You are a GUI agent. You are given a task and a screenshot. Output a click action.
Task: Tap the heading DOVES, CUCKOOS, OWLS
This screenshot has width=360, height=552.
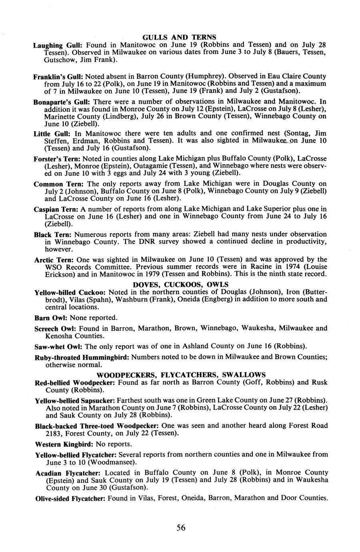pos(180,284)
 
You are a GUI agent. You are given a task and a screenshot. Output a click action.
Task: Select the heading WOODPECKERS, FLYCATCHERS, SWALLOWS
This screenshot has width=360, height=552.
pos(181,375)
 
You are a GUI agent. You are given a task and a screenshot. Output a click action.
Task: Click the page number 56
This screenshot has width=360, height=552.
pos(181,528)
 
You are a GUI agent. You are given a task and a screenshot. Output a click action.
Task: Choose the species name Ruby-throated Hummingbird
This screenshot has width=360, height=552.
pos(82,357)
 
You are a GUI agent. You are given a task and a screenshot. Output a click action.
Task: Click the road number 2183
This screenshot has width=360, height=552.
pos(54,433)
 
